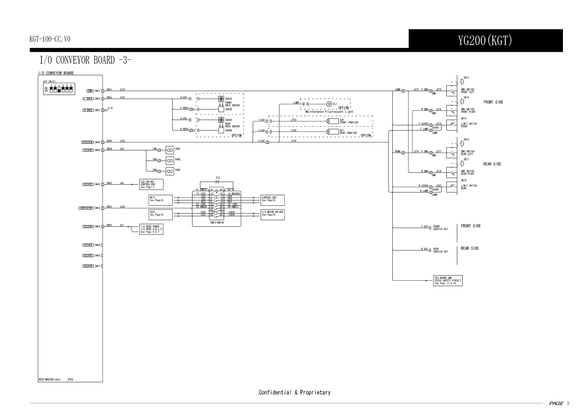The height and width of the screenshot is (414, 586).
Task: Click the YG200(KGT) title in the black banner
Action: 485,41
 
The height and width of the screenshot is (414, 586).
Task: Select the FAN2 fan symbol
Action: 170,160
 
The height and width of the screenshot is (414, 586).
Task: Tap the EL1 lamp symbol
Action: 329,104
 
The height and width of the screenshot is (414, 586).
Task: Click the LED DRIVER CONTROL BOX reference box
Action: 151,184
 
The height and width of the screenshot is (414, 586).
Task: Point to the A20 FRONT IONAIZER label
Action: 349,121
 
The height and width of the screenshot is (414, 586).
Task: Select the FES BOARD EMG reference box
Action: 448,280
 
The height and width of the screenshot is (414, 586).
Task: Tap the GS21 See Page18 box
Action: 161,215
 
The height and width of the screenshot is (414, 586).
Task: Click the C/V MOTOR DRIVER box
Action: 273,215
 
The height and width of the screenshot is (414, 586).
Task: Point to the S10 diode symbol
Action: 217,182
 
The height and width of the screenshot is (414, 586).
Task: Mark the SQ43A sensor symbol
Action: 221,99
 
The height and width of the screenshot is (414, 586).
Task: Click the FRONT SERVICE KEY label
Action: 440,228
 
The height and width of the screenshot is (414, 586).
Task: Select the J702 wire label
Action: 122,141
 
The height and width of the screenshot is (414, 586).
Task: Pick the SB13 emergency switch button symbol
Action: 462,82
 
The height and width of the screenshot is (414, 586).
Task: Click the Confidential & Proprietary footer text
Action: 294,392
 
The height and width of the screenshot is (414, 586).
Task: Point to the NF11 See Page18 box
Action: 161,200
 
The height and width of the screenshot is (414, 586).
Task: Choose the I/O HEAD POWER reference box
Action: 151,229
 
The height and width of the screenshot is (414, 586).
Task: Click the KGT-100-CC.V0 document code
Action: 50,39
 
